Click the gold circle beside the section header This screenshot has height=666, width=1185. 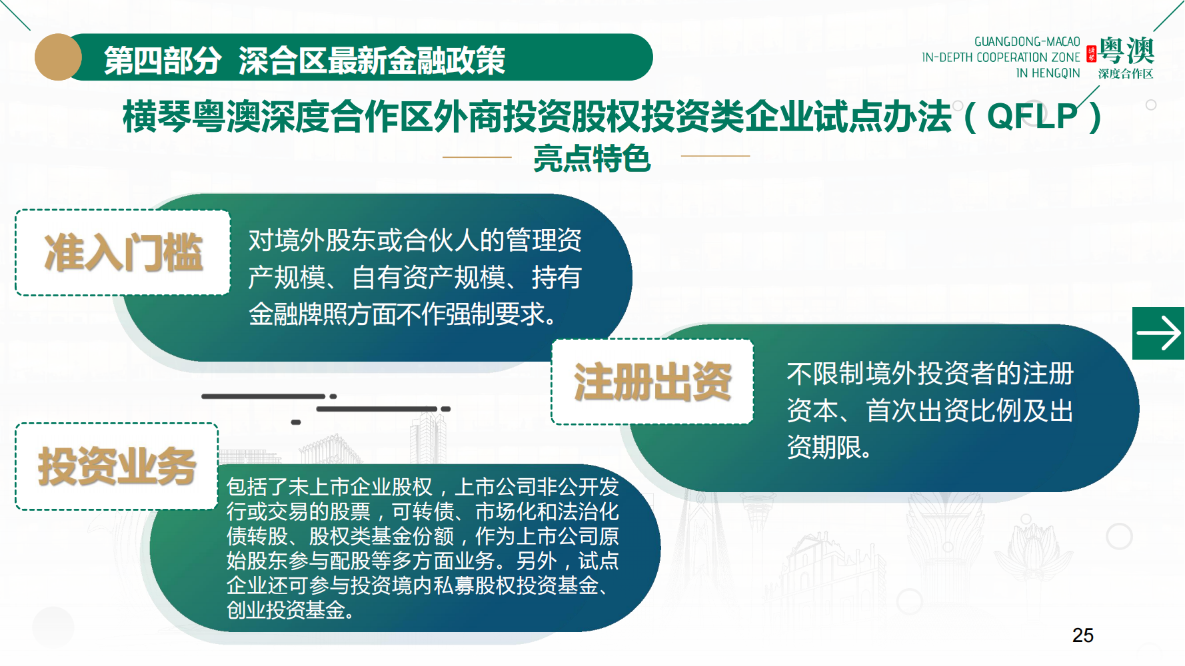click(x=58, y=57)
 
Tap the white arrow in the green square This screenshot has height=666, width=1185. click(x=1158, y=333)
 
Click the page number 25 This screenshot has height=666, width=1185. click(x=1083, y=635)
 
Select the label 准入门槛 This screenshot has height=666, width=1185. click(x=123, y=253)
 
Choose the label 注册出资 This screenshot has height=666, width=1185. click(x=653, y=382)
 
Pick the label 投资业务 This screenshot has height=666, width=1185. click(x=117, y=466)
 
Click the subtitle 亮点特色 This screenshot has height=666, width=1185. click(x=592, y=159)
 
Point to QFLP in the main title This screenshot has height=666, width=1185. click(x=1032, y=116)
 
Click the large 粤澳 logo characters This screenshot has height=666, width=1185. click(x=1126, y=51)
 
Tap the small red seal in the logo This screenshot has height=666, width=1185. click(x=1092, y=54)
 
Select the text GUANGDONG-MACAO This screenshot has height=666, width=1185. click(x=1027, y=42)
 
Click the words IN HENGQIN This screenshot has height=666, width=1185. click(x=1048, y=73)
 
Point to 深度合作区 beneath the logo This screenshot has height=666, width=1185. click(x=1126, y=74)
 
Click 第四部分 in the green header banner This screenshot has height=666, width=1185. click(x=163, y=61)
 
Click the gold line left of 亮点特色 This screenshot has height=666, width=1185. click(x=477, y=157)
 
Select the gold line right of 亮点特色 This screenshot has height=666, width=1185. click(x=716, y=156)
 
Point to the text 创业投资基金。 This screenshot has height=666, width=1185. click(x=290, y=609)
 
